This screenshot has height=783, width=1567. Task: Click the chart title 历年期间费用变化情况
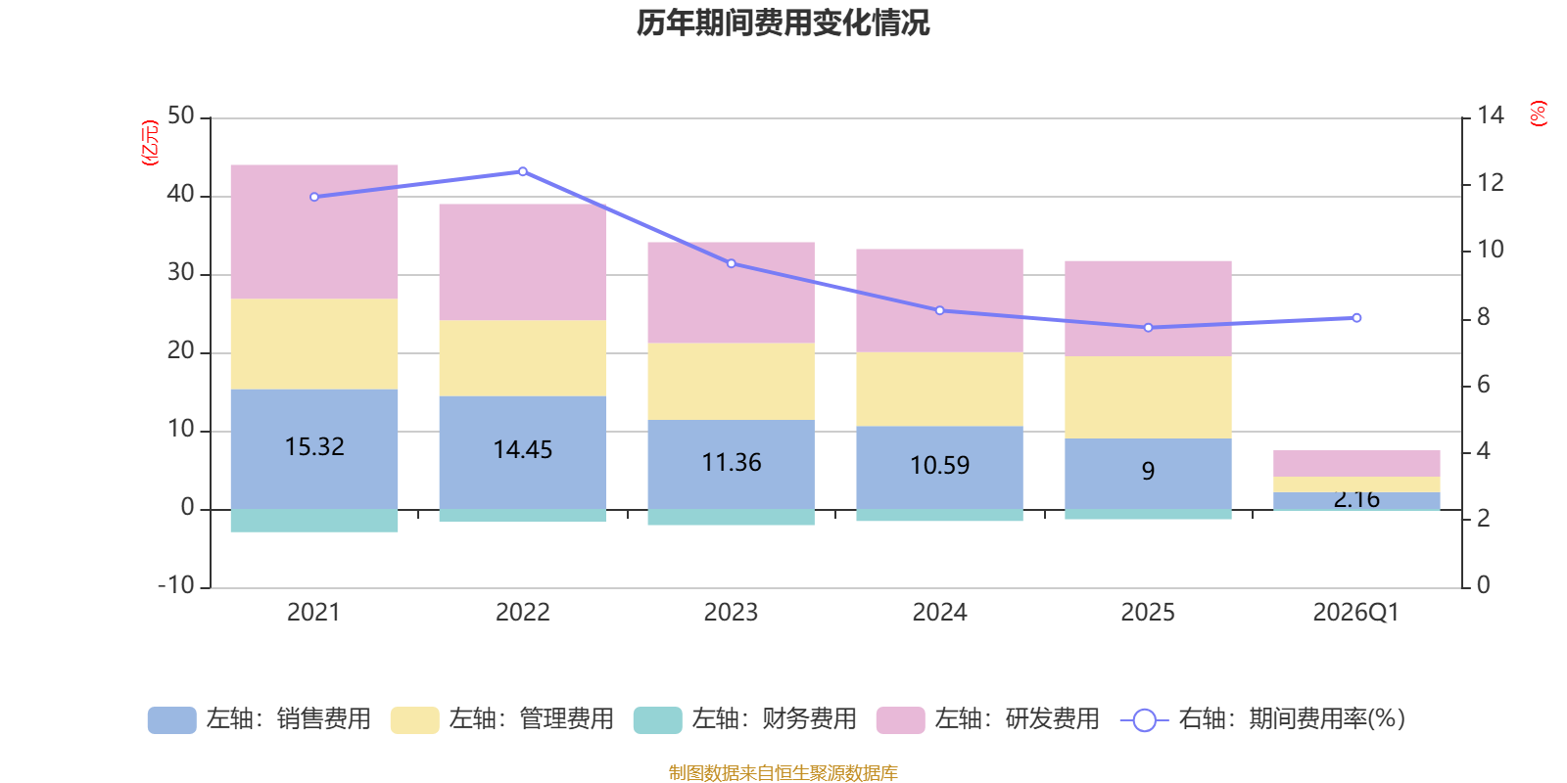783,23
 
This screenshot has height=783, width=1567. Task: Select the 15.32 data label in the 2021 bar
314,447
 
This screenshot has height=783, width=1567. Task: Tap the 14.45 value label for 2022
523,450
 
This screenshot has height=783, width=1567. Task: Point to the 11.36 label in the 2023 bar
732,463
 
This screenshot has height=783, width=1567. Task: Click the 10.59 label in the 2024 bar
940,466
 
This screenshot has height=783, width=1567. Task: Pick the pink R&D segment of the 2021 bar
314,232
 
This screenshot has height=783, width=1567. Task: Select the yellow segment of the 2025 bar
1148,396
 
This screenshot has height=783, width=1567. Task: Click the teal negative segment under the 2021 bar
314,521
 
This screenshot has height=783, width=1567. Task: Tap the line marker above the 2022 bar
523,171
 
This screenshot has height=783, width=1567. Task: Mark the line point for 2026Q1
1356,318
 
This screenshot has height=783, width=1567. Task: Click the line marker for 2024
940,310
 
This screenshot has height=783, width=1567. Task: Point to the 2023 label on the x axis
731,613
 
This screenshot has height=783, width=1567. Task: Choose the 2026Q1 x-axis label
1355,613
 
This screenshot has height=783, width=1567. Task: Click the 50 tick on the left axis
181,116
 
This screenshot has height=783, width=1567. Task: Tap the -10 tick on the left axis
176,585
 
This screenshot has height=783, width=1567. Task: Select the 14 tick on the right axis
1491,116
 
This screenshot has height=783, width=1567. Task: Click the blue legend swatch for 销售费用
171,720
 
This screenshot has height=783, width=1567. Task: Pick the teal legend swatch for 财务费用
657,720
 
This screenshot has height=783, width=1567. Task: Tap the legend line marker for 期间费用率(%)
1144,720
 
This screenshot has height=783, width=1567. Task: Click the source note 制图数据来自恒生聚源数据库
783,773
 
